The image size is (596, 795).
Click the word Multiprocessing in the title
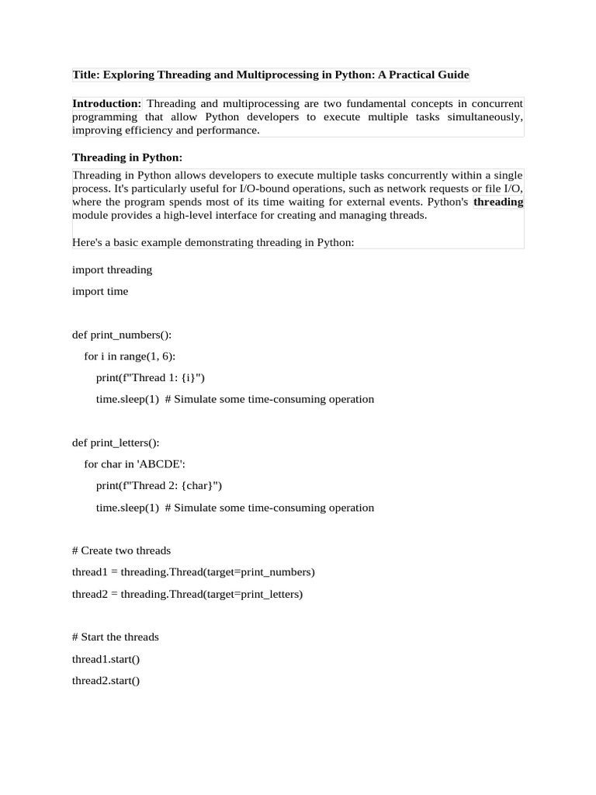pyautogui.click(x=272, y=75)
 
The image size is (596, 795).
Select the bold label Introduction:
pyautogui.click(x=106, y=104)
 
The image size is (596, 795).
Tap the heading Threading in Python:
pyautogui.click(x=127, y=158)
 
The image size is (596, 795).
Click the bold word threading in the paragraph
pyautogui.click(x=498, y=202)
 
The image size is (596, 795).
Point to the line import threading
pyautogui.click(x=112, y=270)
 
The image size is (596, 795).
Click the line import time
pyautogui.click(x=100, y=292)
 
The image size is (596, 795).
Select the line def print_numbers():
pyautogui.click(x=122, y=335)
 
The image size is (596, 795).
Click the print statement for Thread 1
pyautogui.click(x=151, y=378)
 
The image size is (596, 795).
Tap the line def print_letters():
pyautogui.click(x=116, y=443)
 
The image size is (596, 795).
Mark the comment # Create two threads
pyautogui.click(x=121, y=551)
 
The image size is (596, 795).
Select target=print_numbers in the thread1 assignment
pyautogui.click(x=261, y=572)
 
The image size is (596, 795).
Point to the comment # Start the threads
pyautogui.click(x=115, y=637)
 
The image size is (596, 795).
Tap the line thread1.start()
pyautogui.click(x=106, y=659)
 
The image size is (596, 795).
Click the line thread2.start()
pyautogui.click(x=106, y=681)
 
